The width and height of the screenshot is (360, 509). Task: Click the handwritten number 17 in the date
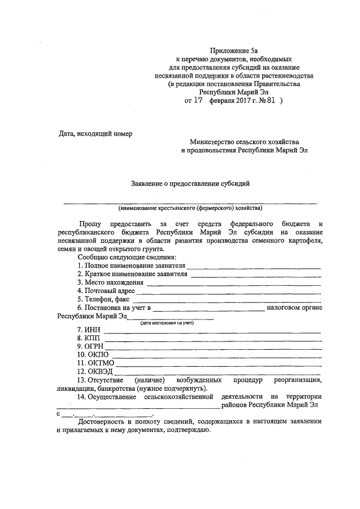tap(197, 102)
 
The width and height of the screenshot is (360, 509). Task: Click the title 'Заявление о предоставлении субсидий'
tap(190, 183)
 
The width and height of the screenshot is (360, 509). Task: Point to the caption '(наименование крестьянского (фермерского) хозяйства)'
tap(190, 208)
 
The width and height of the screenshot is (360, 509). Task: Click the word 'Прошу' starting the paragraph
tap(91, 224)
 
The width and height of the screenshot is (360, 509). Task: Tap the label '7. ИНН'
tap(88, 330)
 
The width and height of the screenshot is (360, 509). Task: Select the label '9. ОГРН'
tap(91, 346)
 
